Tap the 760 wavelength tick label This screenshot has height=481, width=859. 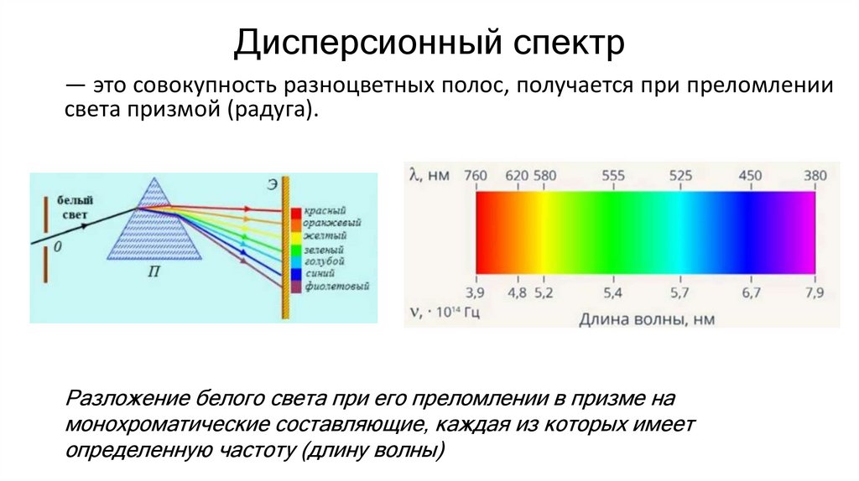476,175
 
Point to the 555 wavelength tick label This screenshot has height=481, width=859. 613,175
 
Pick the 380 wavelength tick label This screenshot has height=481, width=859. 814,175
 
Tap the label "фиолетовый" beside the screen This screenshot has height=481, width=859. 337,287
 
